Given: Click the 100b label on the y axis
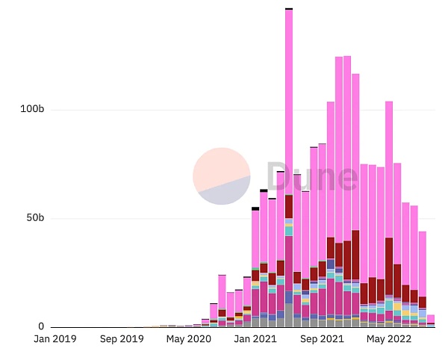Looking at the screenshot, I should [31, 110].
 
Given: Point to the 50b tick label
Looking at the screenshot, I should [34, 218].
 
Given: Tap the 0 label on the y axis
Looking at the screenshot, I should [41, 327].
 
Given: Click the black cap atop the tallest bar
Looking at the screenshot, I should [289, 8].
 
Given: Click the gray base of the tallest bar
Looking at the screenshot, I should [289, 315].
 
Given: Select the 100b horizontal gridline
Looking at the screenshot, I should [149, 110].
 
